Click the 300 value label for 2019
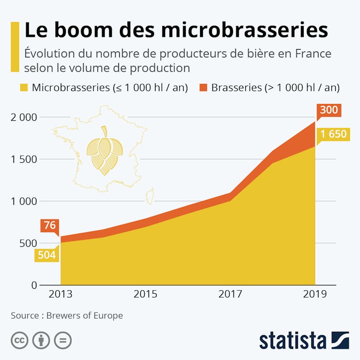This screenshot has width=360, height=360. click(x=328, y=110)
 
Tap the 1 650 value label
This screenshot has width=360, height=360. click(x=333, y=134)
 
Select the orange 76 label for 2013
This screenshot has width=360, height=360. click(x=50, y=225)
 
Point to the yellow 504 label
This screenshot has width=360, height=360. click(x=47, y=255)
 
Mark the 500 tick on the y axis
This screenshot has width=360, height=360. click(x=27, y=243)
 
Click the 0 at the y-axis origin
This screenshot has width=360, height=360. click(x=34, y=285)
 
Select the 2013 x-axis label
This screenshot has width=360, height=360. click(x=61, y=294)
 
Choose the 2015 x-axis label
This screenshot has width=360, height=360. click(x=145, y=294)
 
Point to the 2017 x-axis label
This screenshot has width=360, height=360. click(x=230, y=294)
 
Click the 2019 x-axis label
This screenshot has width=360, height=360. click(x=315, y=294)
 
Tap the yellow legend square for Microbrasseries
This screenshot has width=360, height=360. click(x=23, y=87)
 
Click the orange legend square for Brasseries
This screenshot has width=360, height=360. click(x=203, y=87)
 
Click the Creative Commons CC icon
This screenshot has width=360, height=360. click(x=20, y=341)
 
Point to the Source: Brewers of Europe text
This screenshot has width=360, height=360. click(x=67, y=316)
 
